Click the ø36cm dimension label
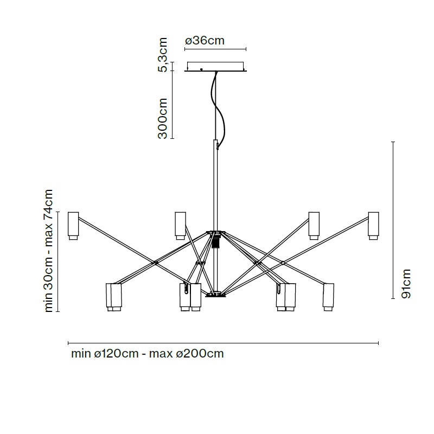pos(205,41)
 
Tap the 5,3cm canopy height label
pos(162,55)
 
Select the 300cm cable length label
pos(162,118)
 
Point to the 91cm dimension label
pos(406,284)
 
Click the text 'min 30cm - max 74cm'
pos(48,251)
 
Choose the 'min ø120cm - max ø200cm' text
pos(147,354)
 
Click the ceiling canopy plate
pos(215,67)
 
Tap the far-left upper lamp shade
pos(73,226)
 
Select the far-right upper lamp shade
pos(373,226)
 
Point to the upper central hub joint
pos(215,233)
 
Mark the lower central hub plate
pos(215,295)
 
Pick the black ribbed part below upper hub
pos(215,242)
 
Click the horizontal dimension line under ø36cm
pos(215,49)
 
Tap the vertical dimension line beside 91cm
pos(393,220)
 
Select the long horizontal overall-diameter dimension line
pos(223,343)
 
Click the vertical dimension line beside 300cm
pos(172,105)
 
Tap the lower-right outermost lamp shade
pos(329,297)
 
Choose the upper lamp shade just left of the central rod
pos(180,226)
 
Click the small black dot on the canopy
pos(201,69)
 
